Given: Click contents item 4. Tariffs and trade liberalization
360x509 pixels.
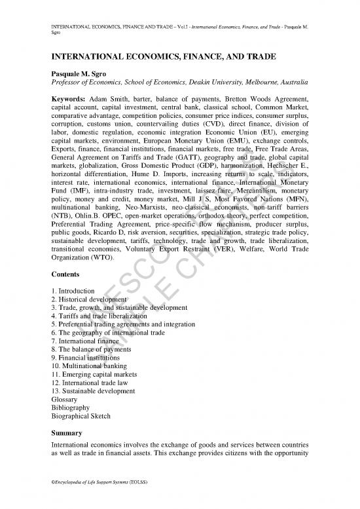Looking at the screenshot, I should [99, 316].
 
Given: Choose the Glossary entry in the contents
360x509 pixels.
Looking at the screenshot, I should [64, 399].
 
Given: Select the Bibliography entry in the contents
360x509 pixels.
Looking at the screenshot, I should [69, 407].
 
